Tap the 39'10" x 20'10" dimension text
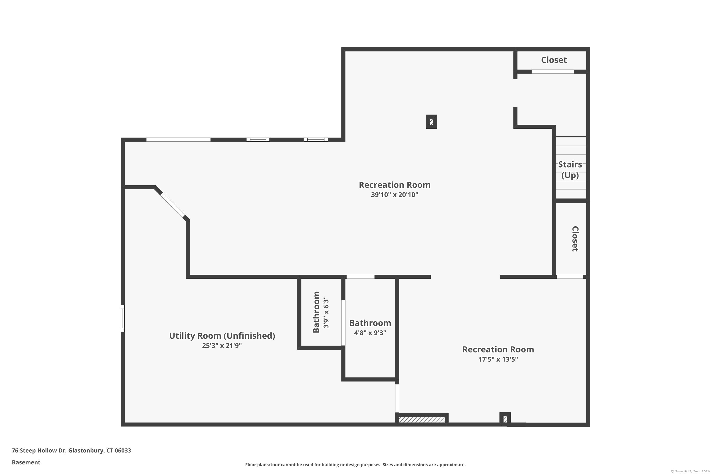[x=395, y=195]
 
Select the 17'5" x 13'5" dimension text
[x=498, y=360]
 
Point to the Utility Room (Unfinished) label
[x=222, y=336]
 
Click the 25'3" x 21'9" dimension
[x=222, y=346]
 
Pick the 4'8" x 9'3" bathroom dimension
[x=370, y=333]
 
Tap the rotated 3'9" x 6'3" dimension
[x=326, y=312]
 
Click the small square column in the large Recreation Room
[x=431, y=122]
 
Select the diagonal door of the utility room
[x=172, y=205]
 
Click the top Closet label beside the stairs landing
[x=554, y=60]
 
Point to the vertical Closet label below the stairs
[x=575, y=239]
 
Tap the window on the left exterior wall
[x=123, y=318]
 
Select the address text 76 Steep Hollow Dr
[x=39, y=451]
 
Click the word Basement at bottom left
[x=26, y=462]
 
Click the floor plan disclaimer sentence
[x=355, y=465]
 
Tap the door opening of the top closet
[x=553, y=72]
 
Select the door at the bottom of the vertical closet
[x=570, y=277]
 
